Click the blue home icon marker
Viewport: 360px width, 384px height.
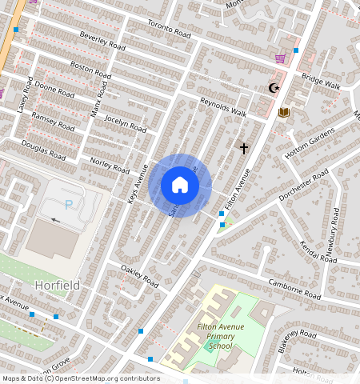[x=180, y=186]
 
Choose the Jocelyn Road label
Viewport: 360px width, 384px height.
[x=126, y=122]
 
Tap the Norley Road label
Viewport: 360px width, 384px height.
[x=110, y=166]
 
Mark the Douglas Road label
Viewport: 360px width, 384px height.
[x=43, y=149]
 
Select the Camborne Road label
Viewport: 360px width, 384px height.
[x=294, y=290]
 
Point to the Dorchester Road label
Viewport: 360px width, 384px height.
[x=303, y=186]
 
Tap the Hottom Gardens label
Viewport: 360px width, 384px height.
[x=309, y=142]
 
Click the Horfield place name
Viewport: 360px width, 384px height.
[x=57, y=285]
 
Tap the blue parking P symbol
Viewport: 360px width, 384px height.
[x=69, y=204]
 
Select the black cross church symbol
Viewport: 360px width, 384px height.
[x=244, y=148]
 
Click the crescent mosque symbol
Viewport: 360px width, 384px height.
[x=274, y=88]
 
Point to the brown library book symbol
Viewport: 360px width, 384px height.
[x=283, y=112]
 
